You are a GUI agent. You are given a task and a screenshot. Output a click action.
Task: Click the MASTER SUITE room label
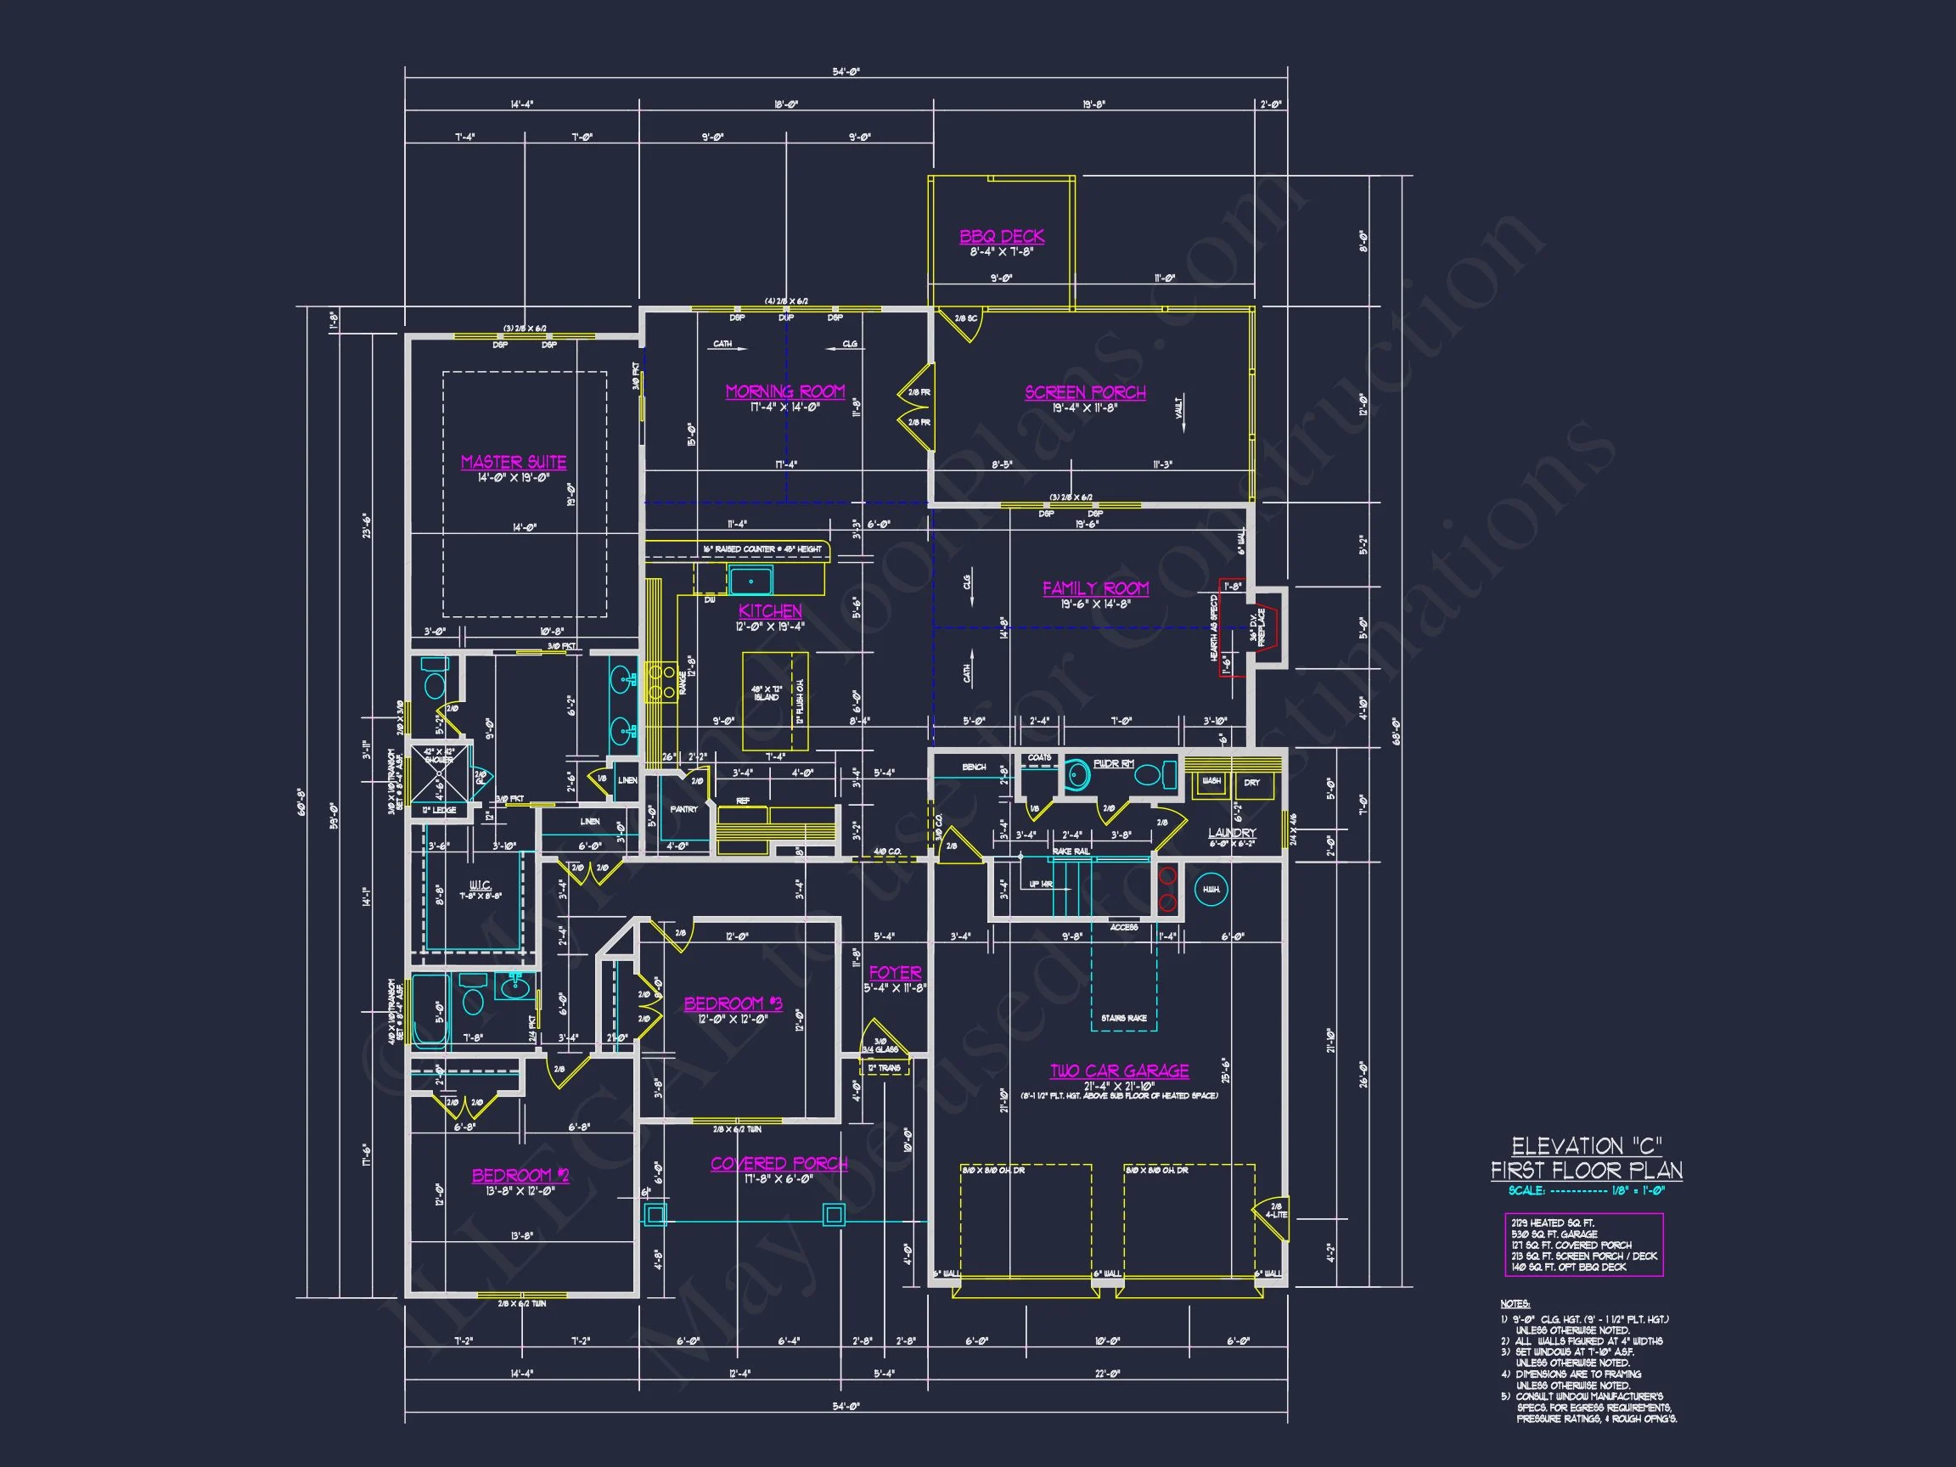(x=513, y=462)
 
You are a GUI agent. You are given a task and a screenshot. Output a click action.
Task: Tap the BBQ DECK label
(x=1002, y=236)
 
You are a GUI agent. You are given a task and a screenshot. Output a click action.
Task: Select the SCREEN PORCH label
(x=1085, y=391)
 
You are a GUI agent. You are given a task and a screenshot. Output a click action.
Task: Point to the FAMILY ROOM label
(x=1096, y=588)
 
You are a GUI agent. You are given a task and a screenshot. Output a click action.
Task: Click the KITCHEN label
(x=770, y=611)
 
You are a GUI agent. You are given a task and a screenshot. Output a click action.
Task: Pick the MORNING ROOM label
(x=785, y=391)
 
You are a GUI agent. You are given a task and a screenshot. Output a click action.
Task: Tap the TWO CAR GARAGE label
(x=1119, y=1071)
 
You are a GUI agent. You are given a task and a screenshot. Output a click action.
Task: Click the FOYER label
(x=895, y=972)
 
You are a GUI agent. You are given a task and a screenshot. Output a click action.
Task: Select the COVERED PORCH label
(x=779, y=1164)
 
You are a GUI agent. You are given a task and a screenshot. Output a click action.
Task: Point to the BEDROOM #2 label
(x=520, y=1175)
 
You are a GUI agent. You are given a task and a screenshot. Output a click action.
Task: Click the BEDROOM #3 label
(x=733, y=1003)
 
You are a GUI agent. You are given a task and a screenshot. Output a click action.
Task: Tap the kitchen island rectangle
(x=774, y=700)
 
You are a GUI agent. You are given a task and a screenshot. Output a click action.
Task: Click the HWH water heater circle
(x=1211, y=890)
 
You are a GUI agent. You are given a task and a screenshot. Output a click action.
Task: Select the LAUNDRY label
(x=1232, y=833)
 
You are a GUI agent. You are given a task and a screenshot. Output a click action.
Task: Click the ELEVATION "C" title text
(x=1587, y=1147)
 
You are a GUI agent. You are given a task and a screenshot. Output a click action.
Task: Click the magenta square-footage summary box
(x=1583, y=1245)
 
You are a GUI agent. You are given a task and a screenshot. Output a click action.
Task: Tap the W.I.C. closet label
(x=481, y=885)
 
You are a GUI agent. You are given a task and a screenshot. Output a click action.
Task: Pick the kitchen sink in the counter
(x=750, y=581)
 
